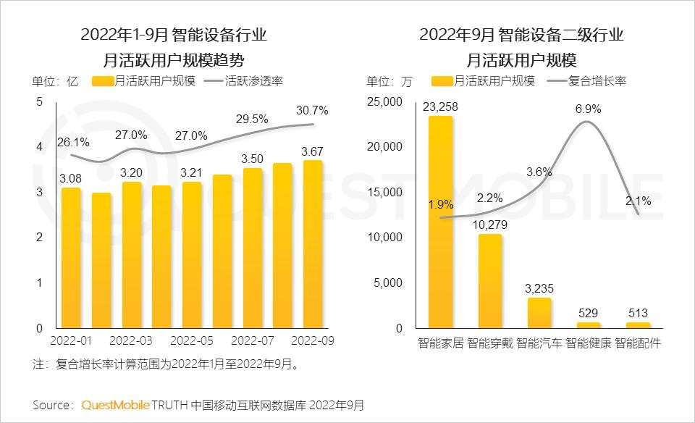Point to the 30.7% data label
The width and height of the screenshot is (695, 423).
pyautogui.click(x=312, y=111)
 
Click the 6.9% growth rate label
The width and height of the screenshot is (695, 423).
pyautogui.click(x=588, y=109)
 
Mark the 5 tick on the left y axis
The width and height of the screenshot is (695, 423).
pyautogui.click(x=39, y=102)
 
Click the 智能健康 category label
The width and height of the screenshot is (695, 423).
pyautogui.click(x=588, y=342)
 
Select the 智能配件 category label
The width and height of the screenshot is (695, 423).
pyautogui.click(x=638, y=342)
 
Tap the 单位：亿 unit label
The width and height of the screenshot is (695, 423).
pyautogui.click(x=55, y=81)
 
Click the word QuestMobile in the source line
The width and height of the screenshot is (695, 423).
pyautogui.click(x=115, y=404)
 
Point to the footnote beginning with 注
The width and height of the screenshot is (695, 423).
pyautogui.click(x=166, y=364)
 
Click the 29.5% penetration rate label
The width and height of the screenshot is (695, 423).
pyautogui.click(x=252, y=119)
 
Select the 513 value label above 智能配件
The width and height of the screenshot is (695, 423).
pyautogui.click(x=638, y=312)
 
